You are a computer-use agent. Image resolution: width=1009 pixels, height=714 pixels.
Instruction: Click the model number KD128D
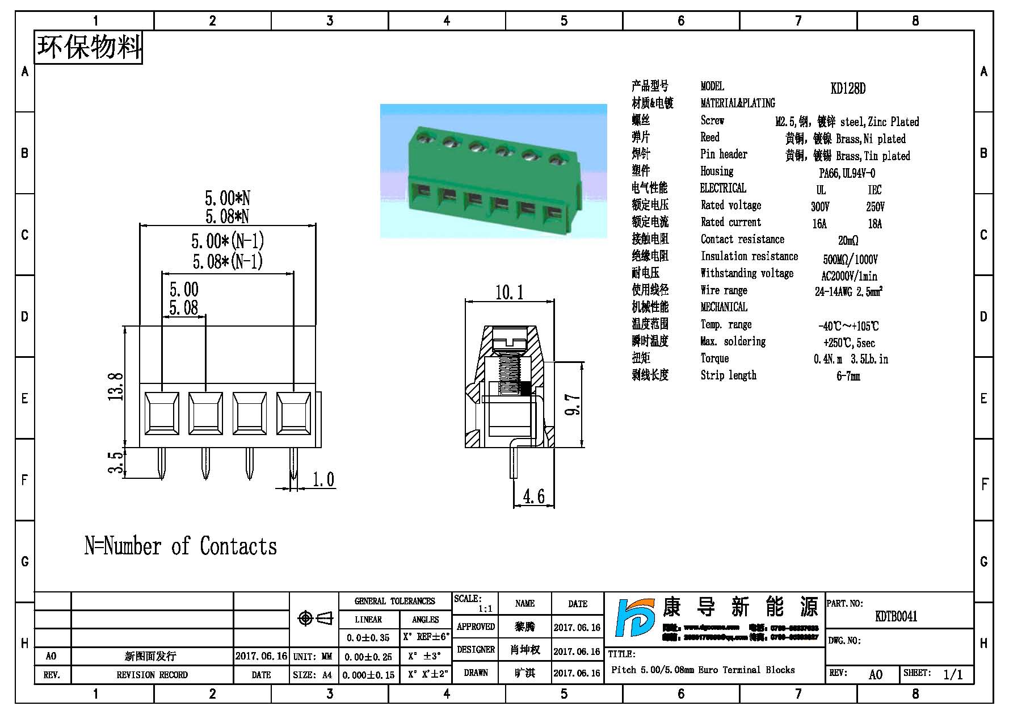[x=848, y=88]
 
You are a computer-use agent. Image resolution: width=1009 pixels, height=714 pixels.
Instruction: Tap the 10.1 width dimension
[x=509, y=293]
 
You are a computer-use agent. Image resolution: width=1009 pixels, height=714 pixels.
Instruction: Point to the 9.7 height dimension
[x=573, y=404]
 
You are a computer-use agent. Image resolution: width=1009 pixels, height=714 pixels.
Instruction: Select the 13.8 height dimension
[x=116, y=386]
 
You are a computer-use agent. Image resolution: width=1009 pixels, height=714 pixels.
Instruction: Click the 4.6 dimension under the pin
[x=533, y=496]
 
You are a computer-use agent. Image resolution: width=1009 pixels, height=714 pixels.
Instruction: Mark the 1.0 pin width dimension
[x=323, y=480]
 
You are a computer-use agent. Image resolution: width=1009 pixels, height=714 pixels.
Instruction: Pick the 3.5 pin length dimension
[x=116, y=462]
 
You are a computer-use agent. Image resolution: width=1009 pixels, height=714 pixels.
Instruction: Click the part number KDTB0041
[x=896, y=616]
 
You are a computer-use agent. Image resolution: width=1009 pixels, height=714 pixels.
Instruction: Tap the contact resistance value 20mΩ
[x=848, y=240]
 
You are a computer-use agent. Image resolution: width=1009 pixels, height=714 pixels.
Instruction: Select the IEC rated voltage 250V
[x=875, y=206]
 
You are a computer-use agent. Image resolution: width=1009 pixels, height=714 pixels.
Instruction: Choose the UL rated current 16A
[x=819, y=223]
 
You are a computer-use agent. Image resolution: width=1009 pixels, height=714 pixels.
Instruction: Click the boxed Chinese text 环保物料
[x=89, y=47]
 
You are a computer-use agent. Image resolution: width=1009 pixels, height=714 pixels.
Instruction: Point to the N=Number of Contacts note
[x=180, y=546]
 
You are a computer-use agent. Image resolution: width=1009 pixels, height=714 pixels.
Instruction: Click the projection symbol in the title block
[x=316, y=618]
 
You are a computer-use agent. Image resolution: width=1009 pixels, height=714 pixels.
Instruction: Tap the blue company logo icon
[x=635, y=618]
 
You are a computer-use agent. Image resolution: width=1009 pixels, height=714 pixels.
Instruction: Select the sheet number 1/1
[x=953, y=674]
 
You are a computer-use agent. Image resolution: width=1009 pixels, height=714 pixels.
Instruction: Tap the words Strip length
[x=728, y=375]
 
